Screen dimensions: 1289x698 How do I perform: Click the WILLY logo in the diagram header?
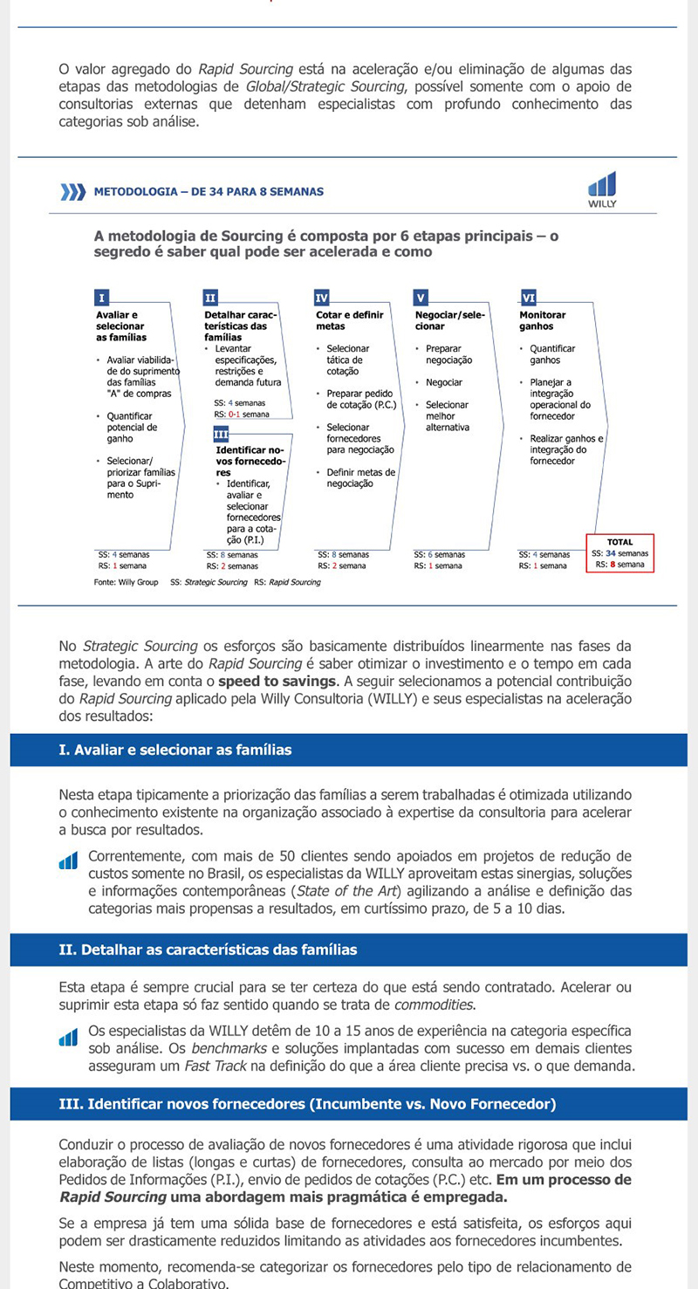click(602, 189)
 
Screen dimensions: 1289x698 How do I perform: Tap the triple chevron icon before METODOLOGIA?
click(72, 192)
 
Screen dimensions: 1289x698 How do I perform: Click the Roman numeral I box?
click(101, 298)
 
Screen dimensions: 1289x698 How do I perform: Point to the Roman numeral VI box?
click(528, 298)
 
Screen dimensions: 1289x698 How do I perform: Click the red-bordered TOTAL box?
click(619, 552)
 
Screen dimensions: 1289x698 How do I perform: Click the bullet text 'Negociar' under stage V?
click(444, 382)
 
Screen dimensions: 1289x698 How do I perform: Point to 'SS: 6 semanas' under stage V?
click(440, 554)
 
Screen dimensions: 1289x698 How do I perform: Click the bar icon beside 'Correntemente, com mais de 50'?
click(68, 862)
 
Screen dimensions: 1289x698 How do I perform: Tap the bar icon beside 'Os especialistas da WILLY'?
click(68, 1039)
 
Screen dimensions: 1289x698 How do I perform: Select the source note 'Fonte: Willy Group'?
click(126, 582)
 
